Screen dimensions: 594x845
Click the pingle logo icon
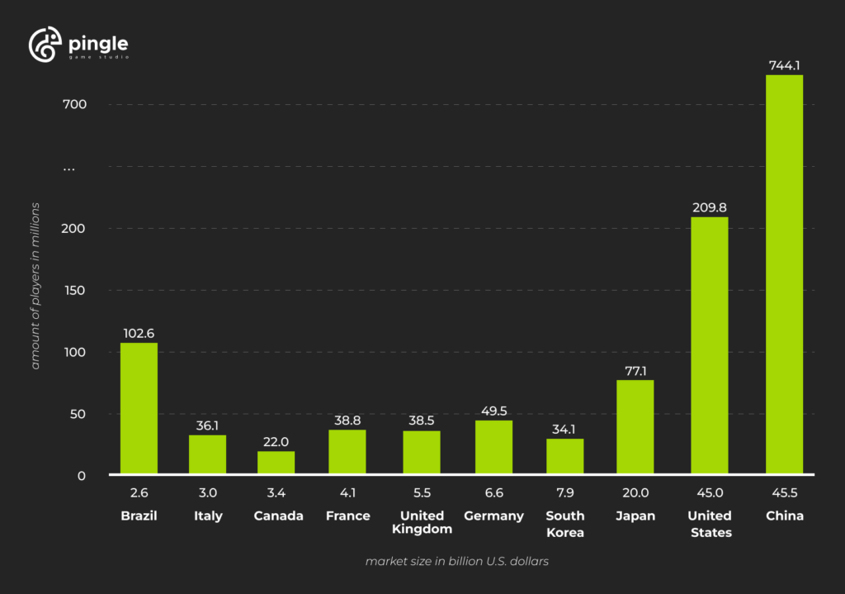pos(45,45)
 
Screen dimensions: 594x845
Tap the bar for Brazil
pos(139,408)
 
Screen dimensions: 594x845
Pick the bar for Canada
pos(276,463)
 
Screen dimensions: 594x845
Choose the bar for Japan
pos(635,427)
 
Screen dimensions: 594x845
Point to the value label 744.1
pos(784,64)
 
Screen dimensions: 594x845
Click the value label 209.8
pos(709,207)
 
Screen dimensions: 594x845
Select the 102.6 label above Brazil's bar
pos(139,333)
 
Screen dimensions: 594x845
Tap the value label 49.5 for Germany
pos(493,411)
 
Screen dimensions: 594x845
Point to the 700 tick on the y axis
pos(73,104)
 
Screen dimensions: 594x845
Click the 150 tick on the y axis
pos(73,290)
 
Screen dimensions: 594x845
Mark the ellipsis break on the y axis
pos(69,168)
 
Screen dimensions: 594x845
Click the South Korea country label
pos(565,524)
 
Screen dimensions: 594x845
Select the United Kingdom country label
pos(422,522)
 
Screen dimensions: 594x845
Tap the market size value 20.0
pos(635,493)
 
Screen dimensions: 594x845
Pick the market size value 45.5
pos(784,493)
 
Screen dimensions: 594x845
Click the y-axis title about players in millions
pos(35,285)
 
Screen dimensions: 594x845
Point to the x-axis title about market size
pos(457,561)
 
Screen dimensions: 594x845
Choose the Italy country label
pos(208,516)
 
